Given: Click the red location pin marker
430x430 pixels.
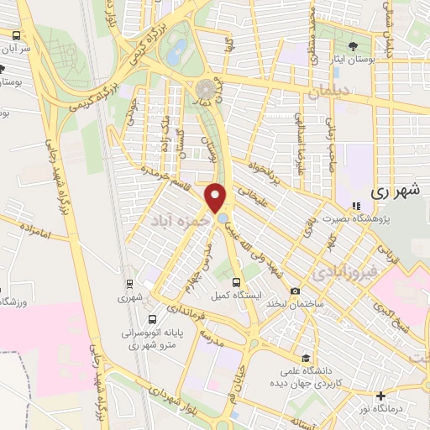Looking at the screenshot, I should pyautogui.click(x=216, y=197).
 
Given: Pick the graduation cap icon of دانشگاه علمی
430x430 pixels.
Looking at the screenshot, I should pyautogui.click(x=306, y=359).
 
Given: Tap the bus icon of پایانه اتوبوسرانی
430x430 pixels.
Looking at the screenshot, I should pyautogui.click(x=152, y=319).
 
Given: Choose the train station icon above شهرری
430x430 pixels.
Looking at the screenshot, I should pyautogui.click(x=129, y=284).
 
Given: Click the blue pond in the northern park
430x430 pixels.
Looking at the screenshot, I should pyautogui.click(x=178, y=53).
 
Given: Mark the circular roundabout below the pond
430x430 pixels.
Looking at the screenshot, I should pyautogui.click(x=206, y=88).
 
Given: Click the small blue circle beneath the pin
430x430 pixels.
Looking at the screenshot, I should pyautogui.click(x=222, y=219).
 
